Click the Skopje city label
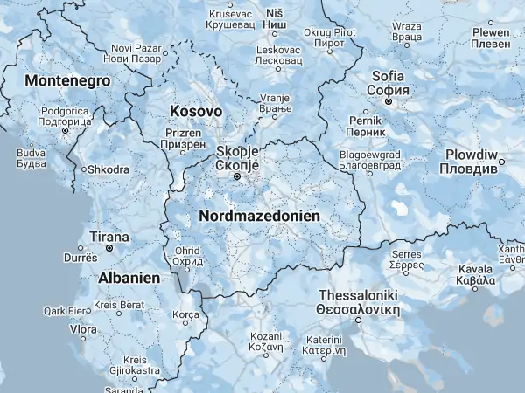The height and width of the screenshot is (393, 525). coord(236,157)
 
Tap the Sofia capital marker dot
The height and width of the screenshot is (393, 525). coord(389,100)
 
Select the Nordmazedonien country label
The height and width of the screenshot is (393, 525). coord(260,215)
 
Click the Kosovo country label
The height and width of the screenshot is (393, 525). coord(196,112)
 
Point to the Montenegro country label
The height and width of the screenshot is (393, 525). coord(68,80)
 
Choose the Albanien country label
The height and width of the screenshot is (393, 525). coord(128,277)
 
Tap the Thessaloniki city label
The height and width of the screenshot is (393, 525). coord(359,302)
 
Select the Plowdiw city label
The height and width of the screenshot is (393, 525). coord(477,161)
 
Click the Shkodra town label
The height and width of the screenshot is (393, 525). coord(106,169)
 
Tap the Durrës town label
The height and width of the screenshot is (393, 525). coord(80,258)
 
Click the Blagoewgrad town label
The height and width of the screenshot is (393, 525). coord(369,160)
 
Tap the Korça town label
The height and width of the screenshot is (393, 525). coord(186,314)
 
